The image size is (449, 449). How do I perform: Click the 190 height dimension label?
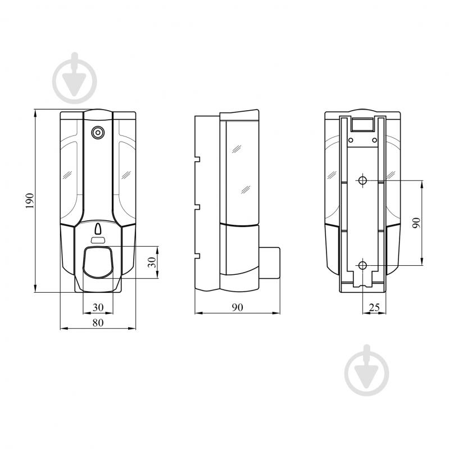[x=30, y=200]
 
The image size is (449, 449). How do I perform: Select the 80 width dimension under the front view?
[x=98, y=322]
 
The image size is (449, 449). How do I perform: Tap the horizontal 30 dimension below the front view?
[x=98, y=307]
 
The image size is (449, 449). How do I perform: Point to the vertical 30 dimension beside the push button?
[x=151, y=262]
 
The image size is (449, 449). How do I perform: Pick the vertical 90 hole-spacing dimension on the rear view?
[x=415, y=223]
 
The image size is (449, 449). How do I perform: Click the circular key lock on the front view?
[x=98, y=133]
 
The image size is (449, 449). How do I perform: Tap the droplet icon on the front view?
[x=98, y=229]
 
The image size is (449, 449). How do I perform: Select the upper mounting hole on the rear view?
[x=362, y=180]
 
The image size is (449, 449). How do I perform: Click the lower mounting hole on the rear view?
[x=362, y=265]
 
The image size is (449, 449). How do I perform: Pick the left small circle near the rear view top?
[x=351, y=139]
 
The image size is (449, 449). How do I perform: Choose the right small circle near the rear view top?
[x=375, y=139]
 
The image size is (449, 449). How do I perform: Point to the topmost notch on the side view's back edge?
[x=197, y=158]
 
